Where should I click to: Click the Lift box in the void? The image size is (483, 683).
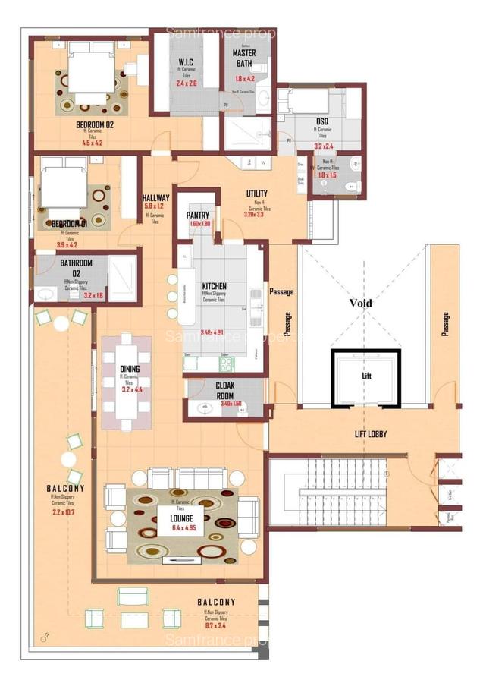(365, 377)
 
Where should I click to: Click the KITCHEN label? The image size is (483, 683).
(215, 286)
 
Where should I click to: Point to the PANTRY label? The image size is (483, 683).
(197, 216)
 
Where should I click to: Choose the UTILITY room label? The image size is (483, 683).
(257, 194)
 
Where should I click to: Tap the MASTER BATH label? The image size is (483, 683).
(243, 59)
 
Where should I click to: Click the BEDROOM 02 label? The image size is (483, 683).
(95, 124)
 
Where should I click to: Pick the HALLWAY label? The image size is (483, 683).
(156, 198)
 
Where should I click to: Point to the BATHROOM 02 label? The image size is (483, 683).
(76, 268)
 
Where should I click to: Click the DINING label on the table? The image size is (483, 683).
(130, 369)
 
